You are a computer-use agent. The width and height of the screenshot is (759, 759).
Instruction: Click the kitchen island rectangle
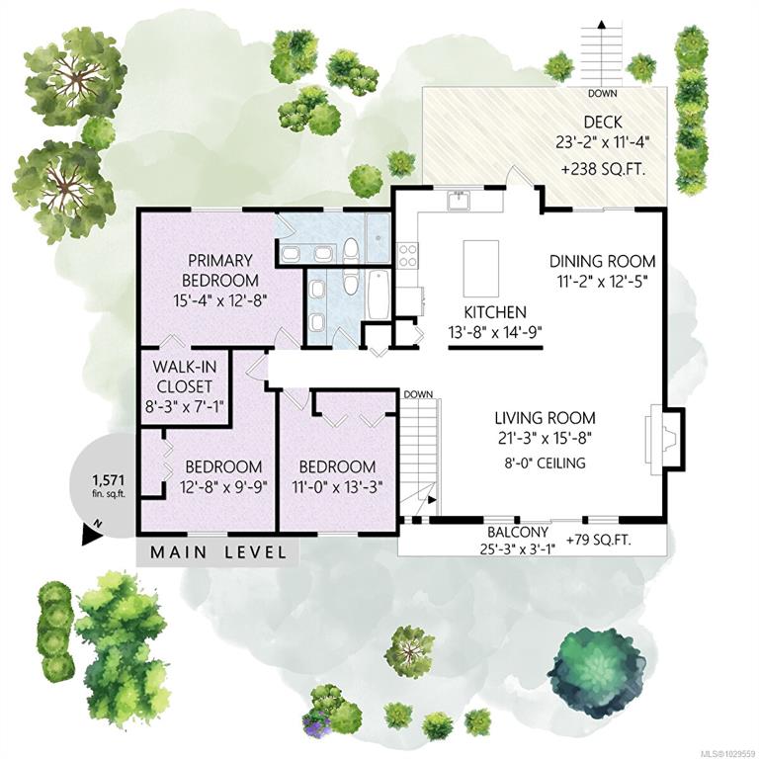[481, 269]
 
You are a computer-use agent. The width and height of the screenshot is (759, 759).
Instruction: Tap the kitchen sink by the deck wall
[459, 201]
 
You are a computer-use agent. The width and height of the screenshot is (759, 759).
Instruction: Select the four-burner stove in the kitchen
[407, 256]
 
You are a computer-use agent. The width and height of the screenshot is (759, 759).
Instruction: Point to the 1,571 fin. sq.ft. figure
[109, 485]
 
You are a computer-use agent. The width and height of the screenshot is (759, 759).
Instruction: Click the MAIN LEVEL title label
[217, 552]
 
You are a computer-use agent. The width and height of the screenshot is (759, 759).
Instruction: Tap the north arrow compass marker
[92, 533]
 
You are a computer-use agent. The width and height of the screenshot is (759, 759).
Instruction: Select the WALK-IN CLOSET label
[185, 377]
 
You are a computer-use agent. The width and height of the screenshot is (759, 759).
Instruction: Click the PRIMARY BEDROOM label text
[220, 270]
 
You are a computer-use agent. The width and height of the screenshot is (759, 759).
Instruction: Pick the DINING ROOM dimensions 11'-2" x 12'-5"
[602, 282]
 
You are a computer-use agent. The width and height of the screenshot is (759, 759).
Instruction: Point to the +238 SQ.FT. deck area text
[603, 170]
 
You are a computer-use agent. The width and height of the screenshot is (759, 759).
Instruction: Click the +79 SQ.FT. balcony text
[598, 540]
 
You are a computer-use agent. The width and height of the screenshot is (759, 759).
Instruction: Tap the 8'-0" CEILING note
[545, 463]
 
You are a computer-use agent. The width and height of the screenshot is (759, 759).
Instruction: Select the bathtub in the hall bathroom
[379, 294]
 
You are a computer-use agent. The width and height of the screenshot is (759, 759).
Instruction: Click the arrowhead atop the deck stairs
[602, 24]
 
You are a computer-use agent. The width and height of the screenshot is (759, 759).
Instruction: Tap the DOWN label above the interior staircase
[418, 394]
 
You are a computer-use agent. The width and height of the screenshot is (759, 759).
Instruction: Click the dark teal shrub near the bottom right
[600, 671]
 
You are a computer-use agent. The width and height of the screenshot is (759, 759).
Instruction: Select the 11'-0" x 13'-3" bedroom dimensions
[337, 486]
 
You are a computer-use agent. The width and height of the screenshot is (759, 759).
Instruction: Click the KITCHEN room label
[495, 312]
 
